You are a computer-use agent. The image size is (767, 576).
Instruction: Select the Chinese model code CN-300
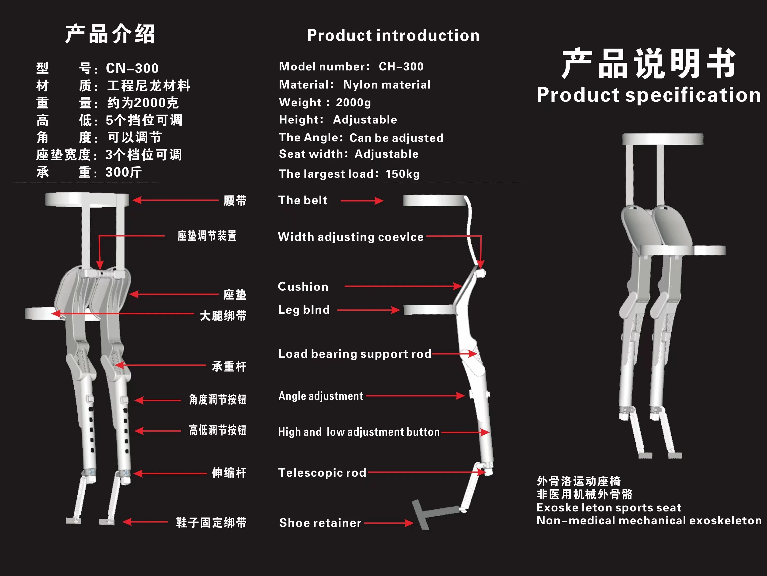click(132, 68)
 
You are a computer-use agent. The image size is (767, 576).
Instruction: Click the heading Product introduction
click(393, 35)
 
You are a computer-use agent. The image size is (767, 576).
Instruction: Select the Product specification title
click(648, 95)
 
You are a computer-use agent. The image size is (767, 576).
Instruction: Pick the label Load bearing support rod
click(354, 354)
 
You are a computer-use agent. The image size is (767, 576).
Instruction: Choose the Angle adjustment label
click(321, 396)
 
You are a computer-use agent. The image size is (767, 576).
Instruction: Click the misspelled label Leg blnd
click(304, 310)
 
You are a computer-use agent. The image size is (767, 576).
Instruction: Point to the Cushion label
click(303, 286)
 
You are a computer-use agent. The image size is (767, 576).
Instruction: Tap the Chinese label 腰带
click(235, 201)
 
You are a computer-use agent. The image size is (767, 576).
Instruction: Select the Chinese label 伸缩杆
click(229, 473)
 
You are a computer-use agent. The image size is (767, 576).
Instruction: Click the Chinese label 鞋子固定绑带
click(211, 522)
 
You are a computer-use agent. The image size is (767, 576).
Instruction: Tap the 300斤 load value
click(123, 172)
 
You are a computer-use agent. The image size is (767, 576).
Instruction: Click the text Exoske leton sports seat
click(608, 508)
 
